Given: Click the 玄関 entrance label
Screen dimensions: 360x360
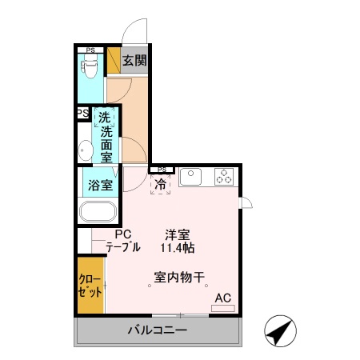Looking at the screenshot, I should (x=134, y=60).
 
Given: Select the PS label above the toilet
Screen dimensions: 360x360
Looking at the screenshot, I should (x=91, y=50).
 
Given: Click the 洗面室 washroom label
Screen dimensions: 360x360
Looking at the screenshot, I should (x=106, y=138).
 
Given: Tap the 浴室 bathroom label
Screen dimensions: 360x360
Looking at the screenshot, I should (x=99, y=185).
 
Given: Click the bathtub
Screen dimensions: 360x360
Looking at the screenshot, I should (x=98, y=214).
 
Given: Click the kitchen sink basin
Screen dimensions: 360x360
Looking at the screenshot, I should (x=194, y=176).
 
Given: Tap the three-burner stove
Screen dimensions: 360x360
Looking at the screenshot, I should (x=223, y=176).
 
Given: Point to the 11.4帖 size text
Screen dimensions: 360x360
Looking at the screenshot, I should (x=177, y=248).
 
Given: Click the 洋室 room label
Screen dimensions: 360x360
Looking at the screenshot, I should (x=177, y=234).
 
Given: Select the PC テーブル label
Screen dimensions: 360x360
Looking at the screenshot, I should (x=122, y=241).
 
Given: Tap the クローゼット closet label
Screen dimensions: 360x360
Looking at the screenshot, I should (x=90, y=285).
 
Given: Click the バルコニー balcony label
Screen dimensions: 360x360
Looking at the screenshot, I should (x=158, y=330).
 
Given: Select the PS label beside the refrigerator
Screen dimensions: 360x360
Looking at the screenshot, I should (x=162, y=169).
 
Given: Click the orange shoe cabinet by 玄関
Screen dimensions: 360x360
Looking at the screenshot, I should (x=114, y=61).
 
